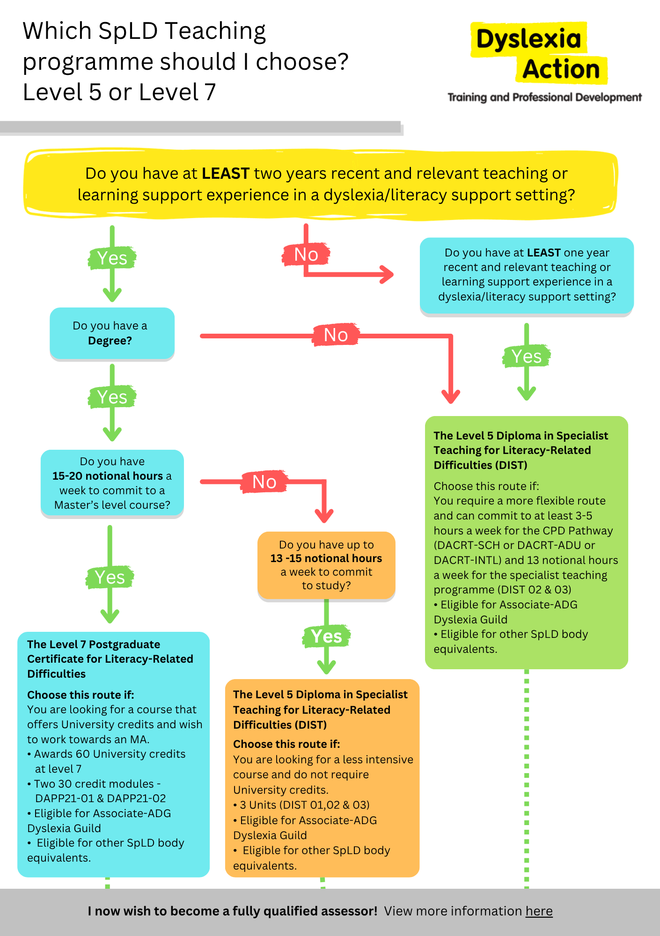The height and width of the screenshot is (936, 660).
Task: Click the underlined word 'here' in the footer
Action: coord(539,911)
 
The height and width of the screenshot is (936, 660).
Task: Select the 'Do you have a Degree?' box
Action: coord(112,333)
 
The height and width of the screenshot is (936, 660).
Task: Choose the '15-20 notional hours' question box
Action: coord(112,483)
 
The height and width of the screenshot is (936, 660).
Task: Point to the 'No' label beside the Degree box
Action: coord(336,335)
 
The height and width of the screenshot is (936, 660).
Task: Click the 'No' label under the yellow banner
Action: coord(306,255)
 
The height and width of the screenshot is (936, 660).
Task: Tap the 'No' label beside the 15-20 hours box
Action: coord(264,482)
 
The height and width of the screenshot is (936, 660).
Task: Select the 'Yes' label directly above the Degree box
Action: coord(112,258)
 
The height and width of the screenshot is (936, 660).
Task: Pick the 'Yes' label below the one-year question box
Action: coord(527,357)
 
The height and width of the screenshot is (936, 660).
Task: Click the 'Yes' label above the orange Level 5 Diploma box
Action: coord(326,636)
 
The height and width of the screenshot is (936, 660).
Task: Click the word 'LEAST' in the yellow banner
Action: coord(225,174)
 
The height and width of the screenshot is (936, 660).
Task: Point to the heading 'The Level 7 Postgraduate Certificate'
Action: coord(94,644)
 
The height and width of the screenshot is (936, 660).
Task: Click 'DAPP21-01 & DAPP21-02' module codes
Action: coord(101,798)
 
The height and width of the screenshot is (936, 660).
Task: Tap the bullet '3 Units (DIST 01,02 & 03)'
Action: coord(301,805)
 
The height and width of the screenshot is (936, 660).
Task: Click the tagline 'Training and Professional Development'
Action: coord(544,97)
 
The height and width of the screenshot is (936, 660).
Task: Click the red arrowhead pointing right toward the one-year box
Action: coord(387,275)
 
